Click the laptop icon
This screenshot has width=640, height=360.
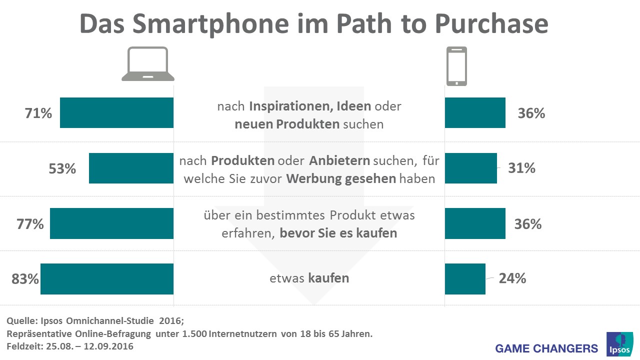[x=148, y=64]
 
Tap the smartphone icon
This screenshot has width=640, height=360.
[x=456, y=66]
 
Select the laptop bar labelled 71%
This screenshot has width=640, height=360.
[x=116, y=113]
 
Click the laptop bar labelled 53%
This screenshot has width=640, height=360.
[x=131, y=168]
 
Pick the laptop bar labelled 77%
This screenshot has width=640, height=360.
[x=111, y=223]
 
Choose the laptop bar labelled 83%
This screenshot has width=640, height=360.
[x=107, y=278]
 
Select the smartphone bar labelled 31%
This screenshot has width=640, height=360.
[x=470, y=168]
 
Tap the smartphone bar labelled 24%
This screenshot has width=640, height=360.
[x=465, y=278]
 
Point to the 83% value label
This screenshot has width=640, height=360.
[x=25, y=278]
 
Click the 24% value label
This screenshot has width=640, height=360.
[x=512, y=278]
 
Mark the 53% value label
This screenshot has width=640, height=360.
[x=62, y=168]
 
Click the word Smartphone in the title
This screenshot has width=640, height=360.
[x=213, y=24]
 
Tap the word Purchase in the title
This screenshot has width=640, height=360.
[x=491, y=24]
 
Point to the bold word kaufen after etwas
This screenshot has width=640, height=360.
[x=328, y=278]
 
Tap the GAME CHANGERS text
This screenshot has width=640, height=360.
[x=546, y=348]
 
